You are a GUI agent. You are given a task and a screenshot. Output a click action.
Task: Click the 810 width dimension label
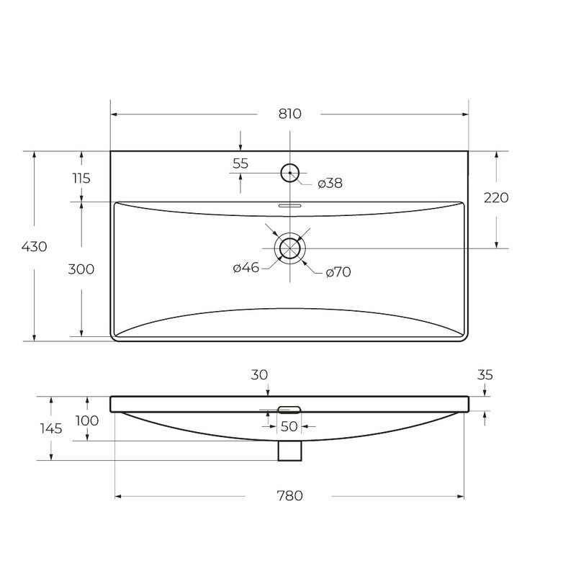290,114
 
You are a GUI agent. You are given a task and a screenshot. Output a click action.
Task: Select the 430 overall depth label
34,246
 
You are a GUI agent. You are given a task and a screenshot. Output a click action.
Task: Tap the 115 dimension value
81,178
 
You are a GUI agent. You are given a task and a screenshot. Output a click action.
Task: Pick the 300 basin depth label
81,269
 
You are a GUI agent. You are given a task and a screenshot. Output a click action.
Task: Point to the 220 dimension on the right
496,197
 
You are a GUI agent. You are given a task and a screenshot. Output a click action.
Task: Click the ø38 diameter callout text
330,183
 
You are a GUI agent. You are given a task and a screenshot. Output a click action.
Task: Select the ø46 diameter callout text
246,267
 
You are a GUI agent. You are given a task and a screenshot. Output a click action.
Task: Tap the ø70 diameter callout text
338,272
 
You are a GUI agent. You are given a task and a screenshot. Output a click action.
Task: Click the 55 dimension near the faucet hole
240,163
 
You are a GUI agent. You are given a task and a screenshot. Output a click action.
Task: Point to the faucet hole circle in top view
290,164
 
